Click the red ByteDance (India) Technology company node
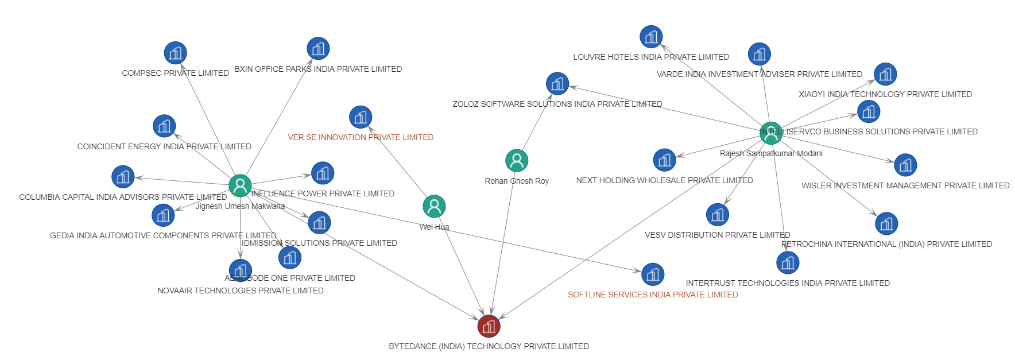tap(489, 326)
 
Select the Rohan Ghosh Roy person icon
tap(517, 161)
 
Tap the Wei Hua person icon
tap(434, 206)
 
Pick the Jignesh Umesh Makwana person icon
tap(240, 185)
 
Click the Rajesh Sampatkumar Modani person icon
tap(771, 133)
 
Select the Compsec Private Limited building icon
tap(175, 53)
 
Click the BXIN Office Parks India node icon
tap(318, 49)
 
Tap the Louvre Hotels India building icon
tap(651, 37)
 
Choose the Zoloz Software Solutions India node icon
tap(557, 84)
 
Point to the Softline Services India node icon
tap(653, 274)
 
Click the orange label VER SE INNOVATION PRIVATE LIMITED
tap(361, 137)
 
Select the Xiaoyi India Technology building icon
tap(885, 74)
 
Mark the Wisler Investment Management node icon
tap(905, 165)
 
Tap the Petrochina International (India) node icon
tap(886, 224)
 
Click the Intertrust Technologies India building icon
tap(788, 263)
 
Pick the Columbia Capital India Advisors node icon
tap(123, 177)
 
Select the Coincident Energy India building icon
tap(164, 126)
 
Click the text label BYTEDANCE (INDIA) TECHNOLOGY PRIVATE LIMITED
tap(489, 346)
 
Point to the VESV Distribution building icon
tap(718, 215)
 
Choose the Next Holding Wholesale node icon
tap(664, 160)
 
